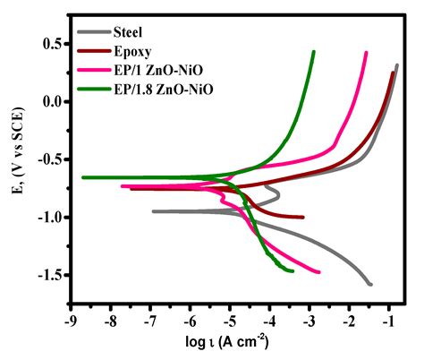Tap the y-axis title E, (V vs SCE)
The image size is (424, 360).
pyautogui.click(x=16, y=161)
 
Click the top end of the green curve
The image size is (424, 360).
pyautogui.click(x=314, y=52)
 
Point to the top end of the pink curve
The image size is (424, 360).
pyautogui.click(x=367, y=53)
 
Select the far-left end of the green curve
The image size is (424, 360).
pyautogui.click(x=83, y=177)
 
